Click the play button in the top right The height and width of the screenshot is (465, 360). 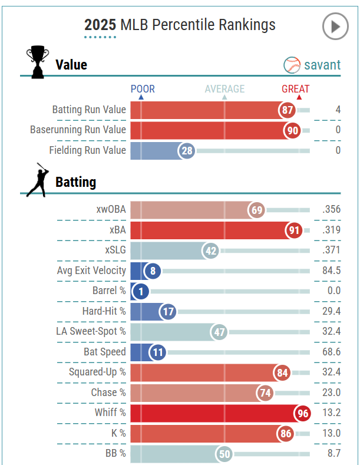pos(335,27)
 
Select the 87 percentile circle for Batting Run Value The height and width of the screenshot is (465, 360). pos(288,110)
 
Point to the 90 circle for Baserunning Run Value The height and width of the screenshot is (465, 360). pos(292,130)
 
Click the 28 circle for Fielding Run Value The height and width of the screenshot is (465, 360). pos(187,151)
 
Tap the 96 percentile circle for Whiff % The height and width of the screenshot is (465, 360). pos(303,413)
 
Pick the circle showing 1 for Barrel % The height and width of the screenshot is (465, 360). pos(141,291)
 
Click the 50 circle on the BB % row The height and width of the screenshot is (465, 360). pos(224,454)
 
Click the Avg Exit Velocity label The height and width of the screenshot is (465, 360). pos(91,271)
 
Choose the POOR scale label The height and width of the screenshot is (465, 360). pos(143,89)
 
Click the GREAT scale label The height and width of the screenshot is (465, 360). pos(295,89)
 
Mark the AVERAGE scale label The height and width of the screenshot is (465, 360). pos(224,89)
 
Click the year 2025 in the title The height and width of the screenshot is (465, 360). pos(100,25)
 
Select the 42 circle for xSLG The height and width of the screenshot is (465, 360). pos(211,250)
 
